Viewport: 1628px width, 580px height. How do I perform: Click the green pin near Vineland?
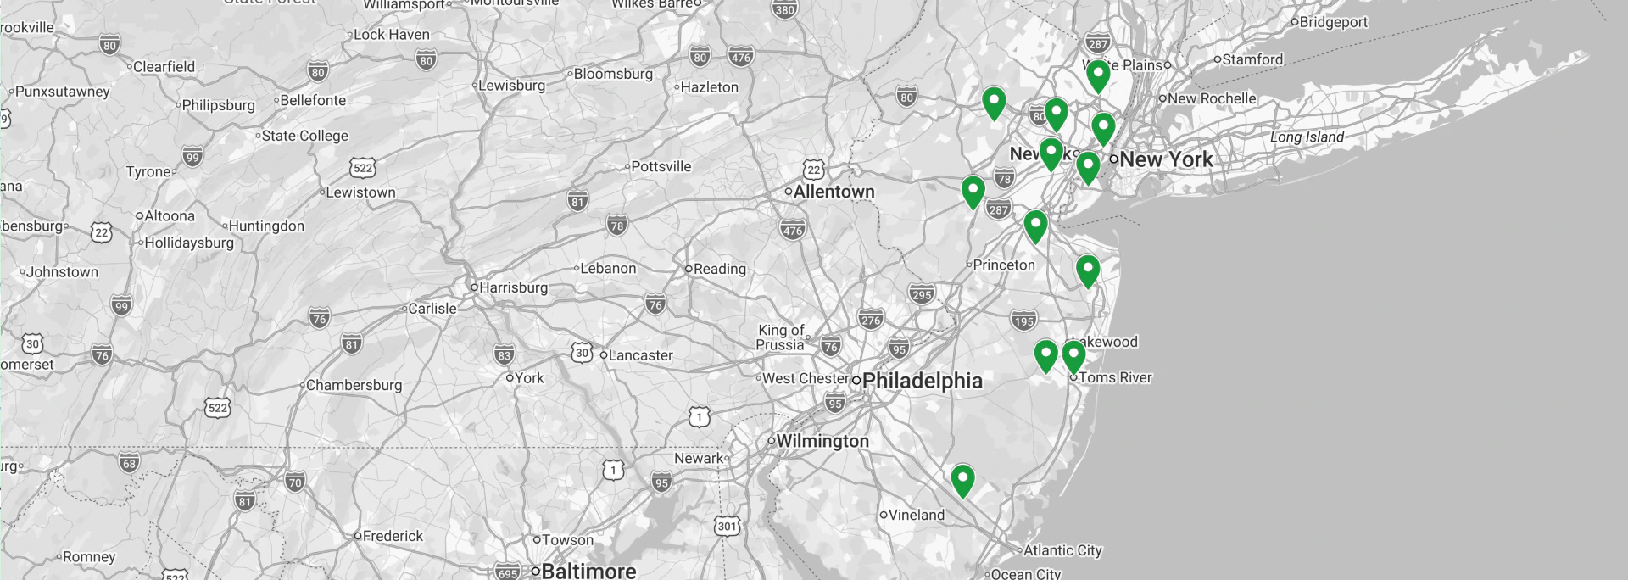click(x=962, y=480)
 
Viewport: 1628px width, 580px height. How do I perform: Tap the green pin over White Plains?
click(x=1098, y=75)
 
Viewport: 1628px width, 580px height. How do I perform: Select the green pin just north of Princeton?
click(x=1035, y=226)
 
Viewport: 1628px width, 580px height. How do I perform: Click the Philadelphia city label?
click(x=922, y=381)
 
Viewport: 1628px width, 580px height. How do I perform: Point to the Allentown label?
click(x=834, y=192)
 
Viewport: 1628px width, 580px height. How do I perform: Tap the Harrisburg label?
click(x=513, y=287)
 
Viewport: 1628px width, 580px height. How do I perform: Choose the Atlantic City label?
click(x=1062, y=550)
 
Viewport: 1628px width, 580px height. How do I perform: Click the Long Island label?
click(x=1307, y=137)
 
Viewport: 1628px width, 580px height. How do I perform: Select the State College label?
click(x=304, y=136)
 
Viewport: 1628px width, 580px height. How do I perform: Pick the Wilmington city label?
click(x=822, y=441)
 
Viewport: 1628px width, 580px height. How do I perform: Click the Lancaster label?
click(x=640, y=355)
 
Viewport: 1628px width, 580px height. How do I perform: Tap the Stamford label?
click(x=1252, y=59)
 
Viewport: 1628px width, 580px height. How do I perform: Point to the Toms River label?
click(x=1114, y=377)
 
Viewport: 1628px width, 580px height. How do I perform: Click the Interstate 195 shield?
click(x=1023, y=321)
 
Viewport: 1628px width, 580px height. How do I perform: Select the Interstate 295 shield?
click(x=922, y=294)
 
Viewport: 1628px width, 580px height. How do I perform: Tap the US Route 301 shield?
click(x=727, y=526)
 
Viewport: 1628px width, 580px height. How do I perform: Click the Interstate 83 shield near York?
click(x=505, y=355)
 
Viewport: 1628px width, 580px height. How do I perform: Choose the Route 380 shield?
click(x=785, y=9)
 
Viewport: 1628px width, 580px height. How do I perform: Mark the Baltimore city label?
click(x=588, y=571)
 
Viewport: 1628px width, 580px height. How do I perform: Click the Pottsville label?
click(x=661, y=166)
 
